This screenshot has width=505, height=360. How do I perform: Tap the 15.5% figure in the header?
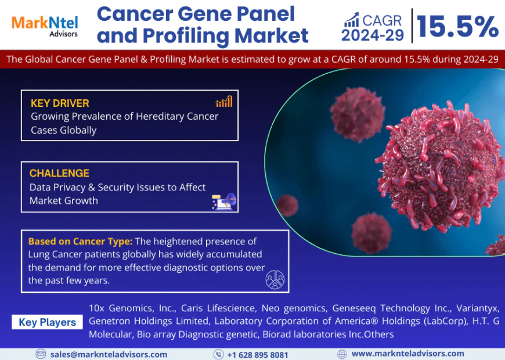(457, 26)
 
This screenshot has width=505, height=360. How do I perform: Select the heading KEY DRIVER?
(60, 103)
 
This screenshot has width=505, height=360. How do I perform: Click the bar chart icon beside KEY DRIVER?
(224, 102)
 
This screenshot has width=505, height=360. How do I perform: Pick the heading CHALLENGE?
(59, 173)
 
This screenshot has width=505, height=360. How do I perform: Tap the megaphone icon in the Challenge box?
(224, 201)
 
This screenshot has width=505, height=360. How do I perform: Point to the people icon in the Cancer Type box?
(275, 280)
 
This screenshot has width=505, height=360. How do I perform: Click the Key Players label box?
(47, 322)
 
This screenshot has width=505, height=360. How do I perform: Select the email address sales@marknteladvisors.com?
(109, 354)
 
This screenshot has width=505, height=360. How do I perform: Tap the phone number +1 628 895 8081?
(257, 354)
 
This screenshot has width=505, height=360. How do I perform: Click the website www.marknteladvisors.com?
(407, 353)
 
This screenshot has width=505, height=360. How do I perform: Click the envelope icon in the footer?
(41, 354)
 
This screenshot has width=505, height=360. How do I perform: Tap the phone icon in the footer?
(218, 354)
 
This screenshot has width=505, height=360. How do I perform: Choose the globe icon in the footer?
(342, 354)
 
